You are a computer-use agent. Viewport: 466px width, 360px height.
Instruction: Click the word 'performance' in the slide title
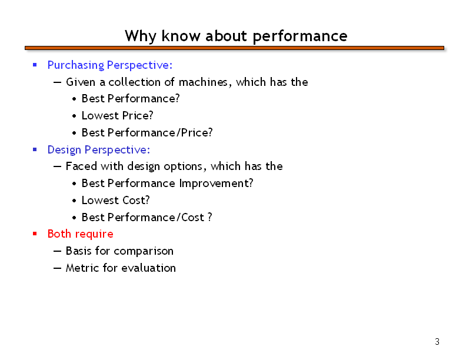tap(300, 36)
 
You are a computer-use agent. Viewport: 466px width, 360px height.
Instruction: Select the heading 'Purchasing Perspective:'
tap(110, 65)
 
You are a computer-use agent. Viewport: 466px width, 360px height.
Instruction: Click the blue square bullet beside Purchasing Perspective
tap(35, 65)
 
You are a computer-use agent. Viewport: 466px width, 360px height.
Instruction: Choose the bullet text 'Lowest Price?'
tap(118, 115)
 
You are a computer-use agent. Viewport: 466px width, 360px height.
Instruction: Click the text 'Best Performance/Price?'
tap(147, 132)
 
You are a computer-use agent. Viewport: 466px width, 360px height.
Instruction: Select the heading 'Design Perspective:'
tap(99, 150)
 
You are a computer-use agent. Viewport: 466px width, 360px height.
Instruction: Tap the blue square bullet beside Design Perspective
tap(35, 149)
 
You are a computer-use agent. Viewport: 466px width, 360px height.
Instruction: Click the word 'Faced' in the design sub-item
tap(81, 166)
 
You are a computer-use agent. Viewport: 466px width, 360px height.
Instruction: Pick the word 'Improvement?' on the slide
tap(216, 184)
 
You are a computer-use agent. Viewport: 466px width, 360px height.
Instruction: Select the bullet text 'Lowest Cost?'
tap(115, 201)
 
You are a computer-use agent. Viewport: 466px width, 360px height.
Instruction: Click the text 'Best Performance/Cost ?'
tap(147, 218)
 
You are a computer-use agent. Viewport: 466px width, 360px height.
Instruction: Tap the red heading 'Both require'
tap(80, 234)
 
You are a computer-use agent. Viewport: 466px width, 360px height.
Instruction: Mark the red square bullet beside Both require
tap(35, 234)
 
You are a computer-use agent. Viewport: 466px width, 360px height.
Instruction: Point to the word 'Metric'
tap(82, 268)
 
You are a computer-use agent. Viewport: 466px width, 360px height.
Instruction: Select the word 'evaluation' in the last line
tap(149, 268)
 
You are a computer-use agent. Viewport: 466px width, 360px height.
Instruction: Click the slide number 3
tap(437, 342)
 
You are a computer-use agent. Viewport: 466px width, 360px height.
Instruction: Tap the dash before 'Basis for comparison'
tap(57, 251)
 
